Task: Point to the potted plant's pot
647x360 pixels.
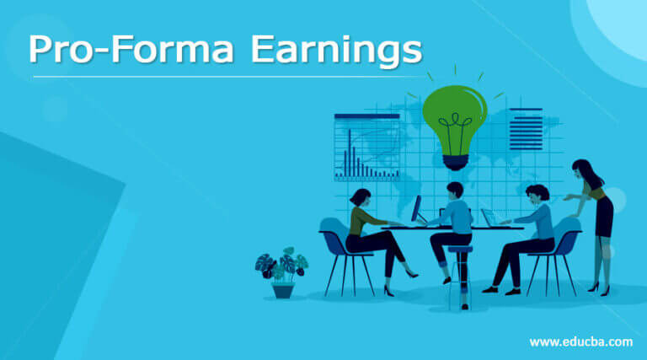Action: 283,289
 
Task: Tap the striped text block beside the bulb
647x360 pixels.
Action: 526,129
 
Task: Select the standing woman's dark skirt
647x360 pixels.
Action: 603,218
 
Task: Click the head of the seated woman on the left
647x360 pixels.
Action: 360,198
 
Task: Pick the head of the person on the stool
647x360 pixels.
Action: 455,191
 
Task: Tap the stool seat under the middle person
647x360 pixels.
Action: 459,249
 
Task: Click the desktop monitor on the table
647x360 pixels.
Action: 416,209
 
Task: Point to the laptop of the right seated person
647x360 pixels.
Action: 489,218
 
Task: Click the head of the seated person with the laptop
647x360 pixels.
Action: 536,195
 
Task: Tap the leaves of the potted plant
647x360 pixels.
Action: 282,265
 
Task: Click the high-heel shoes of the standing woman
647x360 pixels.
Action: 599,288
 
